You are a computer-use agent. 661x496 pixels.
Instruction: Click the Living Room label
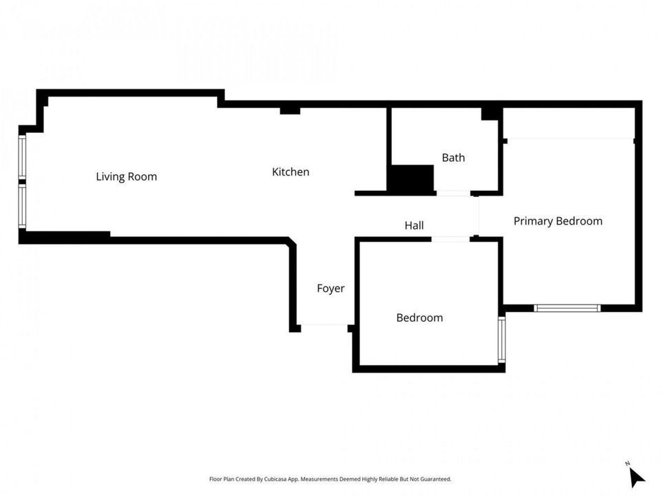point(127,176)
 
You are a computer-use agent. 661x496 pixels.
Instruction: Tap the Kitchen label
point(291,172)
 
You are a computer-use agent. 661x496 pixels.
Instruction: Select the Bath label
point(453,158)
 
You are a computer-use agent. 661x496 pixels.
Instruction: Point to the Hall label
point(414,225)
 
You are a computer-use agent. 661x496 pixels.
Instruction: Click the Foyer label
point(330,289)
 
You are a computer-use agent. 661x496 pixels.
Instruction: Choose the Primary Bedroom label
point(558,221)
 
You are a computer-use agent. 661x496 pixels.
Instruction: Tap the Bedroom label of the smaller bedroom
point(419,318)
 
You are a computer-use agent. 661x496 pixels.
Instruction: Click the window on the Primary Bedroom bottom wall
point(567,309)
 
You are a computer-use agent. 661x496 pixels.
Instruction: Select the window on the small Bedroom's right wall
point(502,340)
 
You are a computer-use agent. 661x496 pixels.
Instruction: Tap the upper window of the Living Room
point(22,156)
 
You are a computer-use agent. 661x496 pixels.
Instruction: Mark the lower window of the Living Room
point(22,207)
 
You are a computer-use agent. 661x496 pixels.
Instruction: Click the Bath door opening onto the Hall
point(453,194)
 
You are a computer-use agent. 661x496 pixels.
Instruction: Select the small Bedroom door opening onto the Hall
point(450,239)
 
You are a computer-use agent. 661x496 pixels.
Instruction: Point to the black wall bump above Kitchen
point(290,110)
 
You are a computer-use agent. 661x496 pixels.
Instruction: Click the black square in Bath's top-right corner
point(490,114)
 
